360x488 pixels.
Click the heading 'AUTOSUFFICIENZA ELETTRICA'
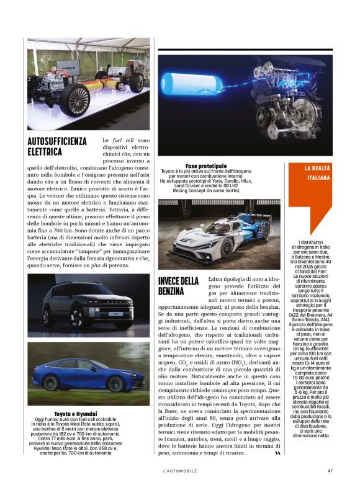(57, 146)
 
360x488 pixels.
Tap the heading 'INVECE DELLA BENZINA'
(178, 286)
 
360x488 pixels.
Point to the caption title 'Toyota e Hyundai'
(79, 412)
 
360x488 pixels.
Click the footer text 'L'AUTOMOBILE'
(180, 471)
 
